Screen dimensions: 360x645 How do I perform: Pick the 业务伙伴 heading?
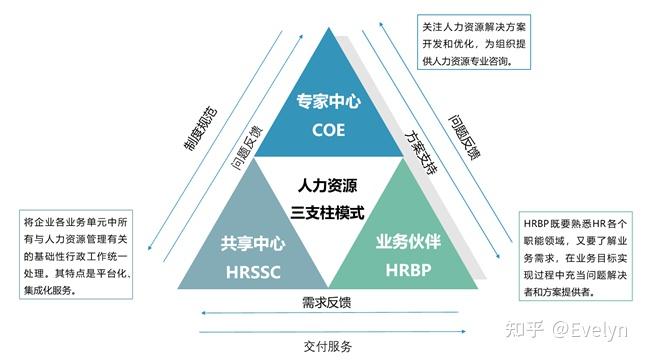[405, 243]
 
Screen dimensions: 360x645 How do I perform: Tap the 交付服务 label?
[324, 347]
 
